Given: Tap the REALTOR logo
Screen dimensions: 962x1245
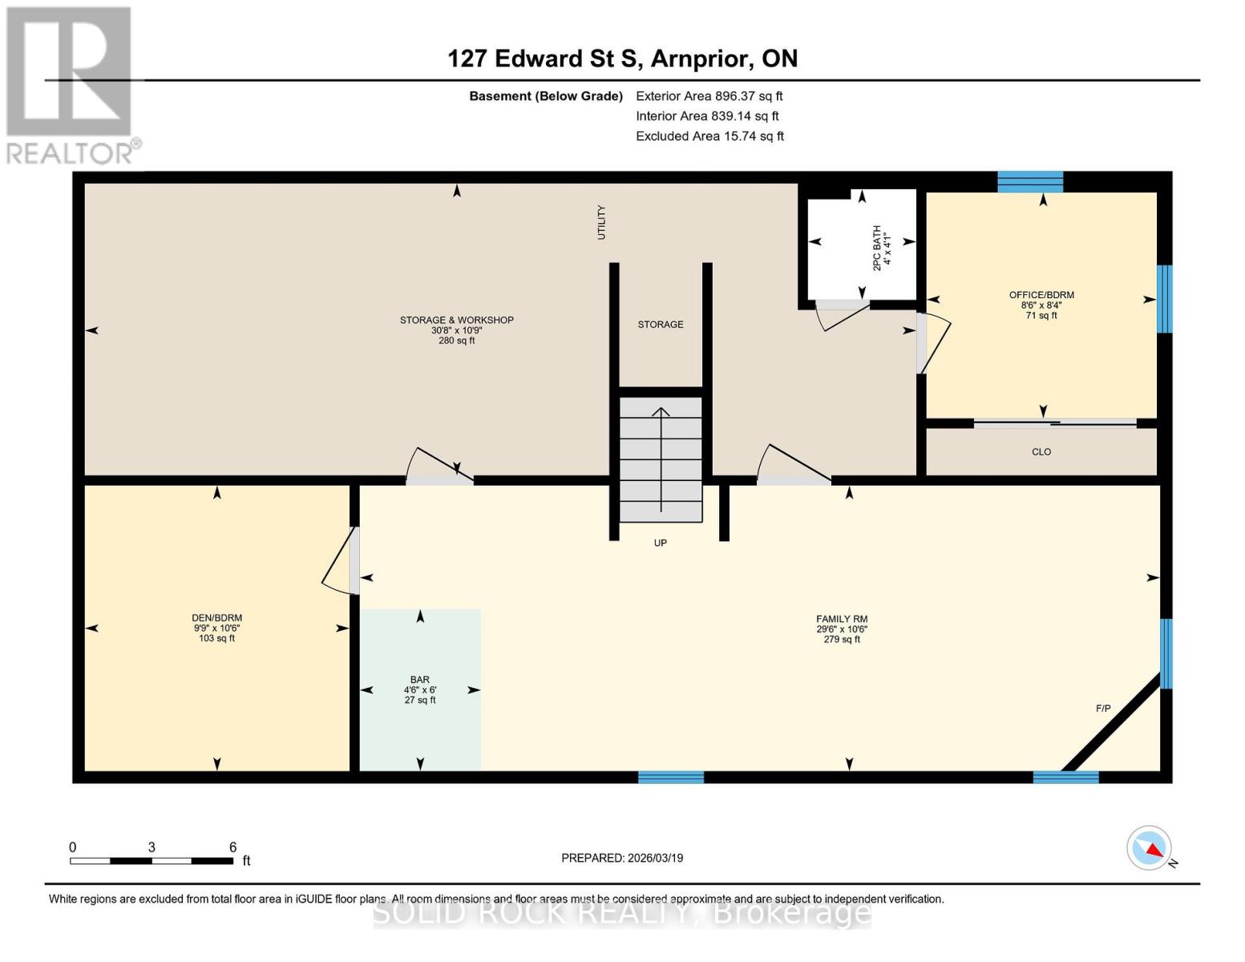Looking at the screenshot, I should [x=71, y=85].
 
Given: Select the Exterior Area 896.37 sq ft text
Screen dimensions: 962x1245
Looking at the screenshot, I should [x=709, y=96].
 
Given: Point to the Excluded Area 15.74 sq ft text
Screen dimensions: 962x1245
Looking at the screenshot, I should [x=709, y=136].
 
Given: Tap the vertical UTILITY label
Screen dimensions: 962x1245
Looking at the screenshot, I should [x=601, y=222].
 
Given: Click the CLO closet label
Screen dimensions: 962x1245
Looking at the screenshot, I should [x=1041, y=452].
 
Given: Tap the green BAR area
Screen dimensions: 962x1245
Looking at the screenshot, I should [x=420, y=689].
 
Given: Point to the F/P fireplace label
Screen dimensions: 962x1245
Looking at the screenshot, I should [x=1103, y=709].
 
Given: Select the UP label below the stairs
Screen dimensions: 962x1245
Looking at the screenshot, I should [x=661, y=544].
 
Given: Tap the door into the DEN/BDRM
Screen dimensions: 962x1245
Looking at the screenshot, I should [x=342, y=561].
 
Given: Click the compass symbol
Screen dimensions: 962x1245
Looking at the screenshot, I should [x=1149, y=847].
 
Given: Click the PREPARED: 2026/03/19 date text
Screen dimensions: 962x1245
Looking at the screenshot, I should [x=622, y=858].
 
